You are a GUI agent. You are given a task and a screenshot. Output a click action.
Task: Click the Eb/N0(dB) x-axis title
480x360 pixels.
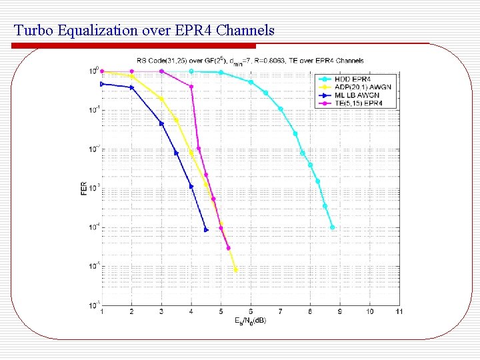[x=250, y=321]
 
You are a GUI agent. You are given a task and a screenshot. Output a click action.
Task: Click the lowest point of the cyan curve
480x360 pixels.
[x=332, y=227]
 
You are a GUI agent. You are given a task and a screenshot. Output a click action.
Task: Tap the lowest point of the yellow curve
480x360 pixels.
[x=235, y=270]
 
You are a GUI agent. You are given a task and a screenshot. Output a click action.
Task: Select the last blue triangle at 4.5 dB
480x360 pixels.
[x=206, y=230]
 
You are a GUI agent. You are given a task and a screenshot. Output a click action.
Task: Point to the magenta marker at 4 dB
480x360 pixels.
[x=191, y=87]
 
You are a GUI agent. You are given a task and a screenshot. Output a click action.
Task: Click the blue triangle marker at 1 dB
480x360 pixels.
[x=102, y=84]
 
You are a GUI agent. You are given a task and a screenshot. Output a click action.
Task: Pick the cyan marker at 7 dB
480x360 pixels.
[x=281, y=109]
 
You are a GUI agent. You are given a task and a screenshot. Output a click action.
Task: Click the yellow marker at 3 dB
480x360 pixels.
[x=161, y=99]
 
